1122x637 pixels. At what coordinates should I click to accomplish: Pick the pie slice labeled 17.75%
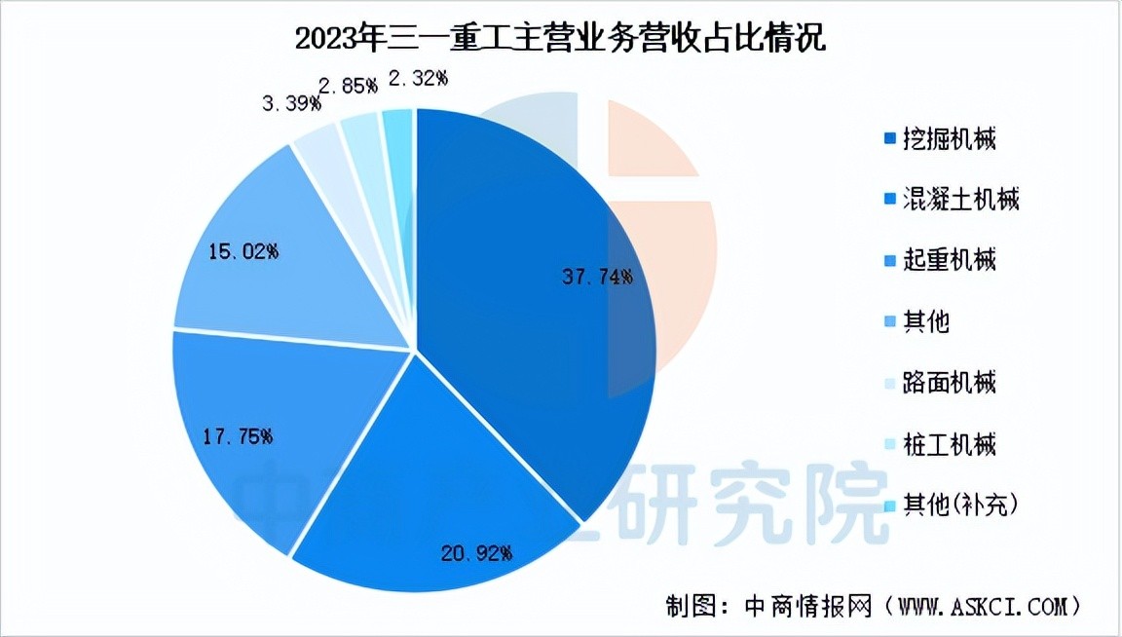click(263, 438)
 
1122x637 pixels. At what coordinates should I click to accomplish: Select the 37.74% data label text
click(597, 276)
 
